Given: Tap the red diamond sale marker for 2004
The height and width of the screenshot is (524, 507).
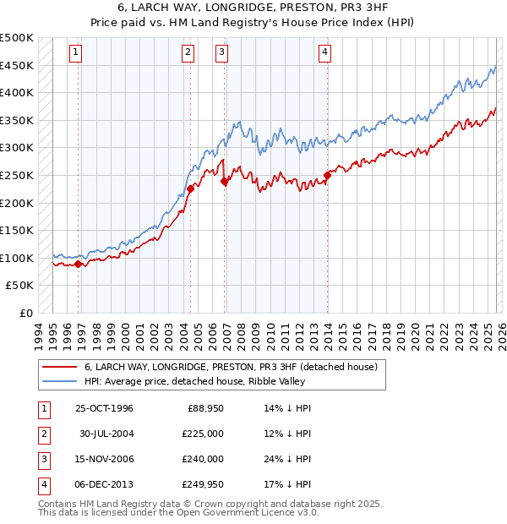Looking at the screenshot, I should pyautogui.click(x=190, y=189).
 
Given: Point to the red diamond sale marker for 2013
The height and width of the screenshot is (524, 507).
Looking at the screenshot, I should pyautogui.click(x=327, y=176).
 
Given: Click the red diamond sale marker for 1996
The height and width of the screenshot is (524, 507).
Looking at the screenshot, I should pyautogui.click(x=79, y=264).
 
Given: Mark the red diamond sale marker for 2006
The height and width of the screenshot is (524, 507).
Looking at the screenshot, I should pyautogui.click(x=224, y=181).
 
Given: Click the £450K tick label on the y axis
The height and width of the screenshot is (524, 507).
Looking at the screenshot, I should pyautogui.click(x=17, y=65).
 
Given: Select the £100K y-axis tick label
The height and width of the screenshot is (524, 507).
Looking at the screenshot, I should pyautogui.click(x=17, y=258).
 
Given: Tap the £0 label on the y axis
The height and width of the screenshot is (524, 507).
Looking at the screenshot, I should pyautogui.click(x=25, y=313).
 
